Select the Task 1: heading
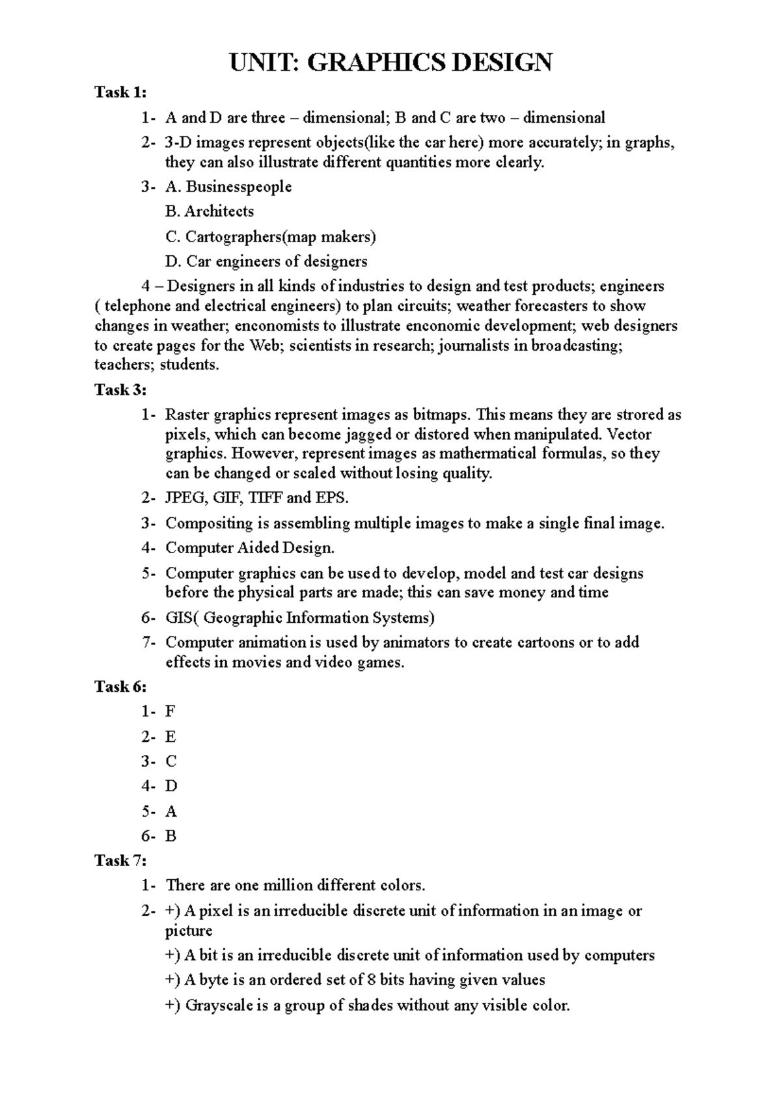(x=120, y=92)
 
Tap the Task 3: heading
(x=120, y=390)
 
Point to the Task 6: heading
(x=120, y=687)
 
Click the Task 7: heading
(x=120, y=860)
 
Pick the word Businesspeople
(x=239, y=187)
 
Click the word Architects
(x=219, y=211)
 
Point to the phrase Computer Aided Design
(x=250, y=548)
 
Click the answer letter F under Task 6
(x=171, y=711)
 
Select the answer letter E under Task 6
(x=171, y=737)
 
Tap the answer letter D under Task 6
(x=171, y=786)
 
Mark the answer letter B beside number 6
(x=171, y=836)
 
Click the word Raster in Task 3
(x=187, y=415)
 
